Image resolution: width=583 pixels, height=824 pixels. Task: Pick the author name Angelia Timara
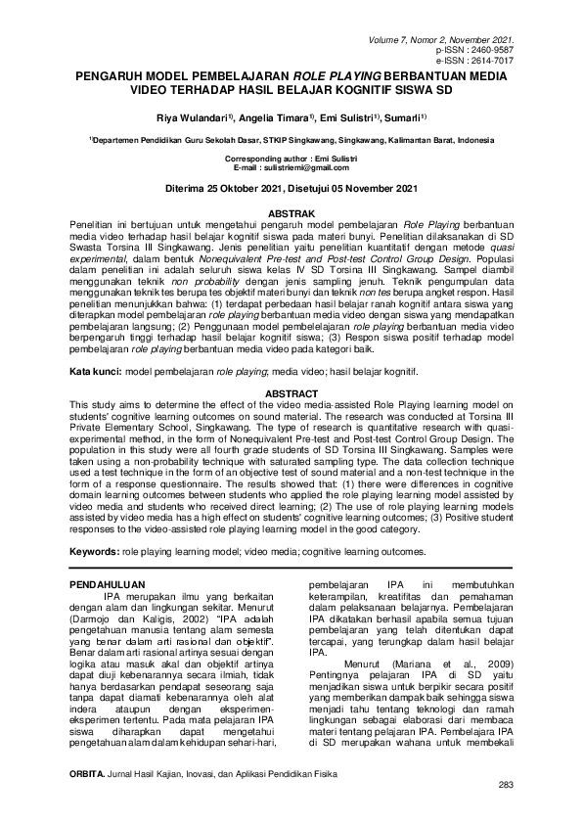point(270,117)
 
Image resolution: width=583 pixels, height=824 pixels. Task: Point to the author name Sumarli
point(403,117)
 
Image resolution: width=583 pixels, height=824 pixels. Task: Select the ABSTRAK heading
point(291,212)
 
